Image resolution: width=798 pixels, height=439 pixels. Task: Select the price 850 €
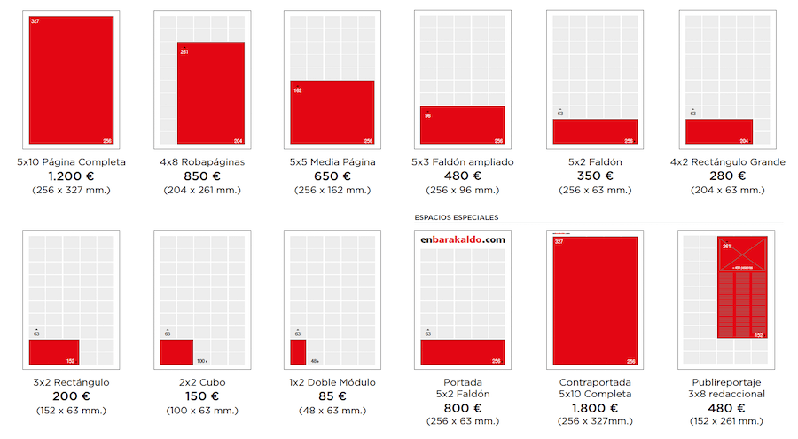(x=201, y=176)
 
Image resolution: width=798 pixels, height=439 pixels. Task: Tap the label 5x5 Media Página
(x=332, y=162)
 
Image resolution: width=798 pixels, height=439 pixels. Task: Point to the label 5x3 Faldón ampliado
(x=463, y=162)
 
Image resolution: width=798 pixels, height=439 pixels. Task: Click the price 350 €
(x=594, y=176)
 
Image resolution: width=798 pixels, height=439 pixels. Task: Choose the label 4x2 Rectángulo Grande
(x=728, y=162)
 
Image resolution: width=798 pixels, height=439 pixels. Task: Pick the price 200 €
(x=71, y=396)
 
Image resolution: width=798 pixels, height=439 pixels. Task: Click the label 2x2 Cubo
(x=201, y=382)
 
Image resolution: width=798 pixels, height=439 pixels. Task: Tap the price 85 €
(x=332, y=396)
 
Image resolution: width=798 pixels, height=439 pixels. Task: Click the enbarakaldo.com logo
(x=463, y=239)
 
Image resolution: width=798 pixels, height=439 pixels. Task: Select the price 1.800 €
(x=594, y=408)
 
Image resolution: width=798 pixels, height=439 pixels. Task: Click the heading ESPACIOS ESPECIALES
(x=457, y=216)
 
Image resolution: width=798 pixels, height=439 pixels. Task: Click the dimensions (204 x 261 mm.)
(x=201, y=190)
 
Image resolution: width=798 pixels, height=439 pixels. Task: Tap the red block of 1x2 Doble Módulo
(x=298, y=352)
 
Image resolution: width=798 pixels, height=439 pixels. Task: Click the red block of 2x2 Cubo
(x=176, y=352)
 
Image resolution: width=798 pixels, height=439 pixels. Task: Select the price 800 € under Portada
(x=463, y=408)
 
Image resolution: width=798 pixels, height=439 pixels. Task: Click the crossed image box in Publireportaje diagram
(x=743, y=255)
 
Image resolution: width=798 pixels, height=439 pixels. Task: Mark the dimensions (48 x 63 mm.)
(x=332, y=410)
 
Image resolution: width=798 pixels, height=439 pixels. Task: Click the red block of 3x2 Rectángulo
(x=54, y=352)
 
